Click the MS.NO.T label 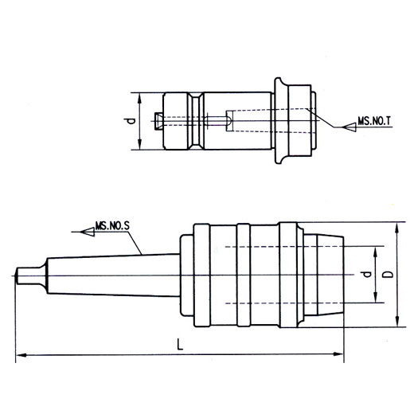(x=374, y=121)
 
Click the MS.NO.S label (x=112, y=226)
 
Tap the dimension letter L (x=180, y=345)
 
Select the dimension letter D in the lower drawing (x=389, y=274)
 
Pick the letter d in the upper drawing (x=130, y=121)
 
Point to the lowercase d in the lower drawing (x=367, y=274)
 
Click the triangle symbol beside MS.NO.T (x=350, y=127)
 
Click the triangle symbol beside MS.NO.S (x=88, y=232)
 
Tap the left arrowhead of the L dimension (x=21, y=355)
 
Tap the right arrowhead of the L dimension (x=338, y=354)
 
